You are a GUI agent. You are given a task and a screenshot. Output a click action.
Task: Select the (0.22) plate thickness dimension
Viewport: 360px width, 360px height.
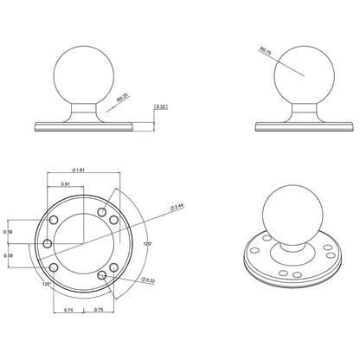click(x=160, y=107)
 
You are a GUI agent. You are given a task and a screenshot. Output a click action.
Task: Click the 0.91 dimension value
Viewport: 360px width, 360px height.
click(x=66, y=185)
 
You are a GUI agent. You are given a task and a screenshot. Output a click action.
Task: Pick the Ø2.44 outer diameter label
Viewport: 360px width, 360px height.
click(x=177, y=207)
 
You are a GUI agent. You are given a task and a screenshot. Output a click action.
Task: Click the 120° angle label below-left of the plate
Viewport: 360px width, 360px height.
click(x=45, y=283)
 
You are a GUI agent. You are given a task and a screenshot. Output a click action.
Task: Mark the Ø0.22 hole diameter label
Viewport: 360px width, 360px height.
click(x=150, y=280)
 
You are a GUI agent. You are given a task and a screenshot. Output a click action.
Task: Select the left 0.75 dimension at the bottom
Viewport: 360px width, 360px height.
click(x=69, y=311)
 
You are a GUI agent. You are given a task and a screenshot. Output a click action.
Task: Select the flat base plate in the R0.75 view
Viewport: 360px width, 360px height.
click(x=299, y=126)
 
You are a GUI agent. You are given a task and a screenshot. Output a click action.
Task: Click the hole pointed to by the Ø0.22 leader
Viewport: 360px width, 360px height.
click(x=104, y=275)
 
